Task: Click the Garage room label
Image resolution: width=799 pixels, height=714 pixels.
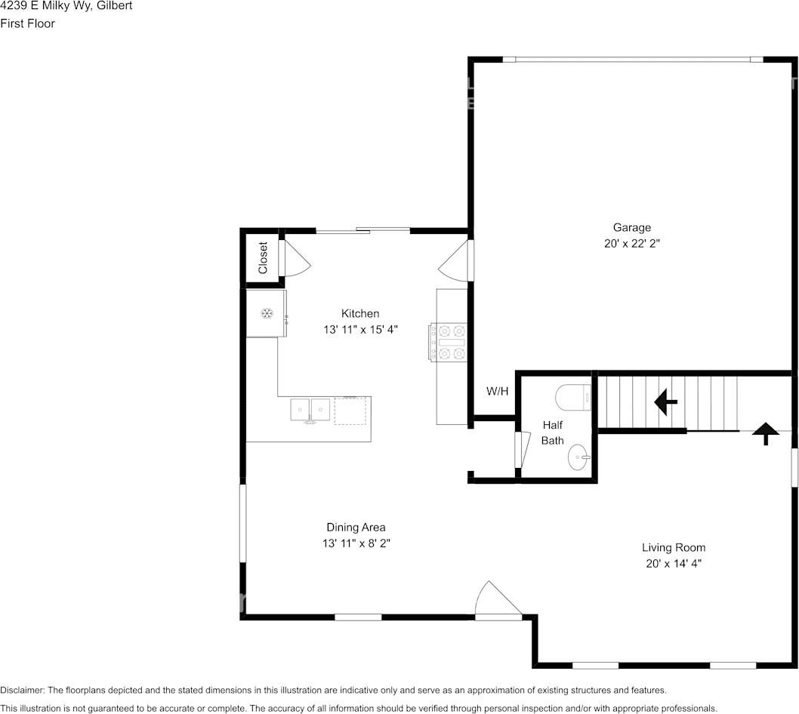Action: pyautogui.click(x=632, y=228)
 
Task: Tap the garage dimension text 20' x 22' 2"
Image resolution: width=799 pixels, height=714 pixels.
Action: pyautogui.click(x=632, y=244)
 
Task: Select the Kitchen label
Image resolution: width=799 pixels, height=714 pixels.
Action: pyautogui.click(x=360, y=313)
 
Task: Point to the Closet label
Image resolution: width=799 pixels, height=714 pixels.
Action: pyautogui.click(x=263, y=257)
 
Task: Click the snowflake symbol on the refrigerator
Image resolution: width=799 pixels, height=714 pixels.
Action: pyautogui.click(x=267, y=314)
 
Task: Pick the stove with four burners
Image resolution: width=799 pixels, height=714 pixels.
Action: pyautogui.click(x=448, y=342)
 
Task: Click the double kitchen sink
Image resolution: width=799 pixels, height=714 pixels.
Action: pyautogui.click(x=310, y=410)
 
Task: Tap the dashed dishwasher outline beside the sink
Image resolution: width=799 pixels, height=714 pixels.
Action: pyautogui.click(x=350, y=411)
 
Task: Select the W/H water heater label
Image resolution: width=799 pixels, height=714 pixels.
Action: pyautogui.click(x=498, y=391)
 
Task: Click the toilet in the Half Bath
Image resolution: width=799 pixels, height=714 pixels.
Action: pyautogui.click(x=573, y=398)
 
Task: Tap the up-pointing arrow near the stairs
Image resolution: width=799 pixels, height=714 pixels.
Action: pyautogui.click(x=766, y=433)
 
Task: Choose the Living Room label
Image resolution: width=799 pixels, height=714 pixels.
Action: pyautogui.click(x=674, y=547)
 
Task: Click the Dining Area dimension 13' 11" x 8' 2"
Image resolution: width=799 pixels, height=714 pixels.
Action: pyautogui.click(x=356, y=543)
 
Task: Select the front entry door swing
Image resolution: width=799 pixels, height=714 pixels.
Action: pyautogui.click(x=497, y=599)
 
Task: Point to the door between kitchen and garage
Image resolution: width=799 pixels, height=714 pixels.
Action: pyautogui.click(x=455, y=260)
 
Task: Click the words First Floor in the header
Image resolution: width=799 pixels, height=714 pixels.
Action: pyautogui.click(x=27, y=23)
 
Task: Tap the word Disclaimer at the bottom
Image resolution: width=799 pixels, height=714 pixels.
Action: pyautogui.click(x=23, y=690)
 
